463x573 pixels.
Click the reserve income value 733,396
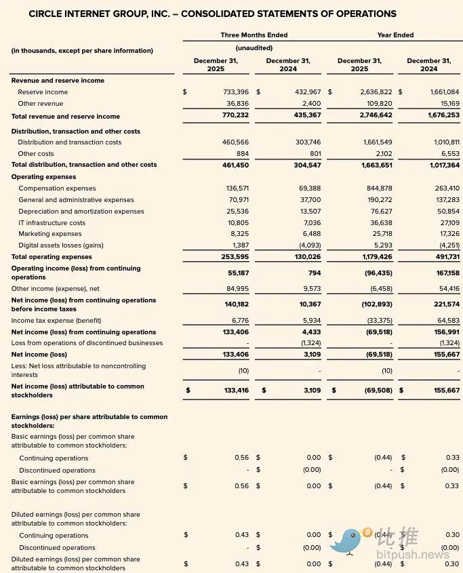tap(236, 92)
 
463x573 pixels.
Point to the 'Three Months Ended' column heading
tap(254, 35)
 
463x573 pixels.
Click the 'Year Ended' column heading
tap(395, 35)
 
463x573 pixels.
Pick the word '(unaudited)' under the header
tap(254, 48)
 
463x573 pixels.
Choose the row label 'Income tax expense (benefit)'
tap(56, 321)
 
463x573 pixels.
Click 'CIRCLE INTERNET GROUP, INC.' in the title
tap(96, 14)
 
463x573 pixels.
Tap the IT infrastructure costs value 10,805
tap(238, 222)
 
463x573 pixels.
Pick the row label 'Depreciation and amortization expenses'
tap(81, 212)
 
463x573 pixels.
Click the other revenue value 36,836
tap(238, 104)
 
